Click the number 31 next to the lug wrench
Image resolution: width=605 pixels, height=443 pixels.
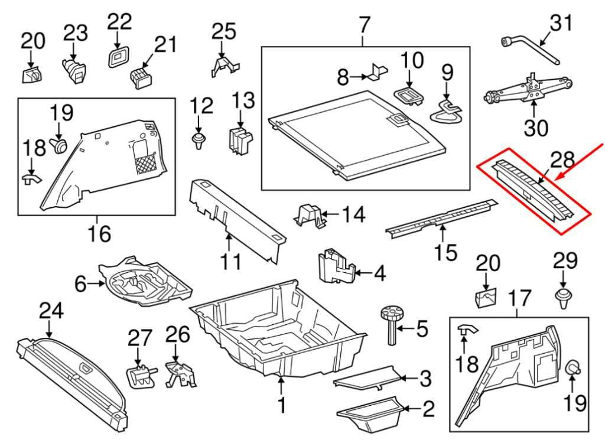pos(561,25)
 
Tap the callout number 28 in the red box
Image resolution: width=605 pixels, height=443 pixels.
pos(562,160)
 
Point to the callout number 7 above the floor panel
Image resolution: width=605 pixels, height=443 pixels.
pos(364,25)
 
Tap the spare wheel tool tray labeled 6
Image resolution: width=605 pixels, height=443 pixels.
pos(145,282)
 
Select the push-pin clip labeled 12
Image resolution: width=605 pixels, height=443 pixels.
pos(199,141)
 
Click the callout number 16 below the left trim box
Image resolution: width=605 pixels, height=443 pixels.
pos(100,234)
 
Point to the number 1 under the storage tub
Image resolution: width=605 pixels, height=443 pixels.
pos(281,405)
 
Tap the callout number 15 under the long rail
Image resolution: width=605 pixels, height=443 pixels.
pos(445,253)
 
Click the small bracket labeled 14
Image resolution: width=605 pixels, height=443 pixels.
pos(312,216)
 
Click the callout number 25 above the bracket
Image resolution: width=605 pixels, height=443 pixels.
pos(223,31)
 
